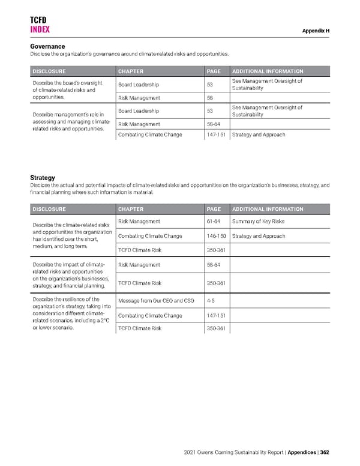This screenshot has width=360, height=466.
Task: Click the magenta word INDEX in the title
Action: point(40,29)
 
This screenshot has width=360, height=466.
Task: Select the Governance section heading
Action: point(47,47)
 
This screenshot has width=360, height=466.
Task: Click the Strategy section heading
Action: point(43,178)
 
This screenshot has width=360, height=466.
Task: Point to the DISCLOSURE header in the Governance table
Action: point(50,71)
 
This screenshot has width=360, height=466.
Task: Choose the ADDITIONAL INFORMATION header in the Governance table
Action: point(268,71)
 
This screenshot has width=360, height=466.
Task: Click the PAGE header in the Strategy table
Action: point(214,209)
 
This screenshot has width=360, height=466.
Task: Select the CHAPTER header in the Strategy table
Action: point(131,209)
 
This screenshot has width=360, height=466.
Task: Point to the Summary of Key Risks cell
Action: point(258,222)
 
